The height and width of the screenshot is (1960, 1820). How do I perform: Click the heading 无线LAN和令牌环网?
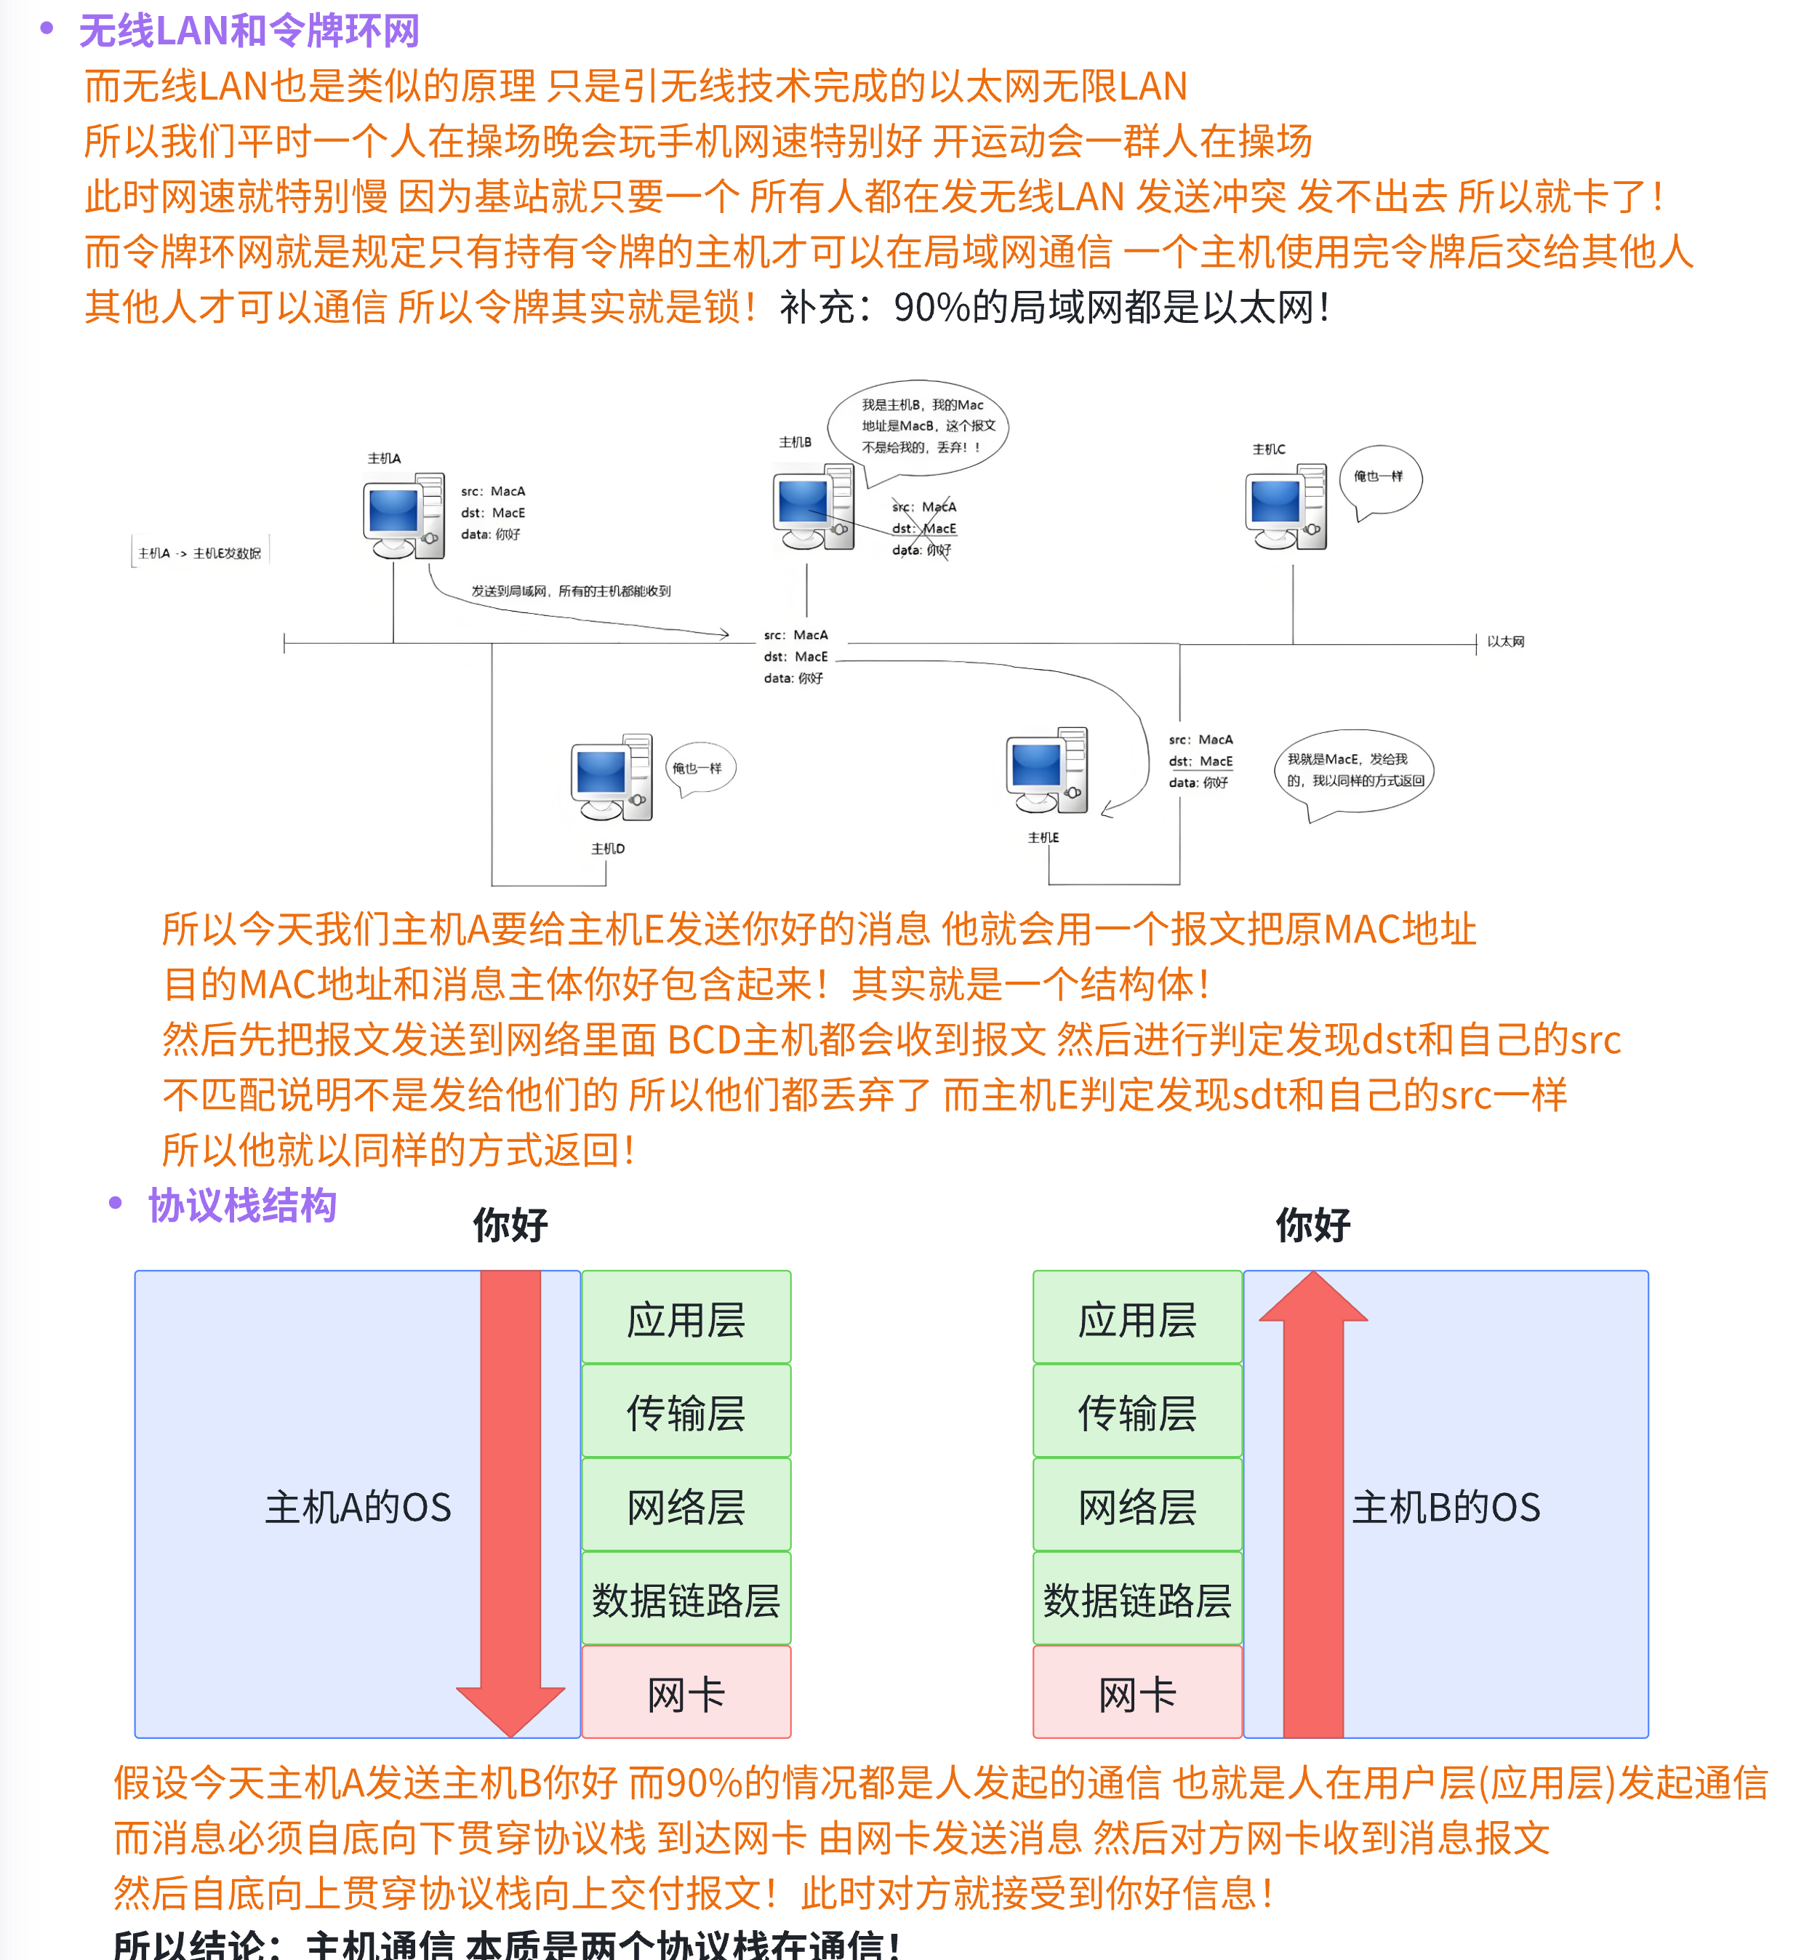pos(249,31)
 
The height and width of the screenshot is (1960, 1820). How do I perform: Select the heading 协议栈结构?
pos(242,1206)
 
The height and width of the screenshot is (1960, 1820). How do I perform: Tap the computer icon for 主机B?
pos(812,506)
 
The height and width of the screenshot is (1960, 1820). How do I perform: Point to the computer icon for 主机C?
pos(1286,506)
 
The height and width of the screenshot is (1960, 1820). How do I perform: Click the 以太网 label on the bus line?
pos(1505,641)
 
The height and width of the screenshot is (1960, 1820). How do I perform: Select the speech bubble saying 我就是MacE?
pos(1354,771)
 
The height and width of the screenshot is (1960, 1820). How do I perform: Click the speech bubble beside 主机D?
pos(699,768)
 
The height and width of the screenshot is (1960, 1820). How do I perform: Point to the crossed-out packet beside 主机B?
pos(923,529)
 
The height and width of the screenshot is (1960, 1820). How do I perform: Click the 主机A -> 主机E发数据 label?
pos(200,553)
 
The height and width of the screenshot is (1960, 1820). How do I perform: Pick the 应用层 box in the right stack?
pos(1137,1319)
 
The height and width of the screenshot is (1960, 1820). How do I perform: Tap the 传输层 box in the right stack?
pos(1137,1412)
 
